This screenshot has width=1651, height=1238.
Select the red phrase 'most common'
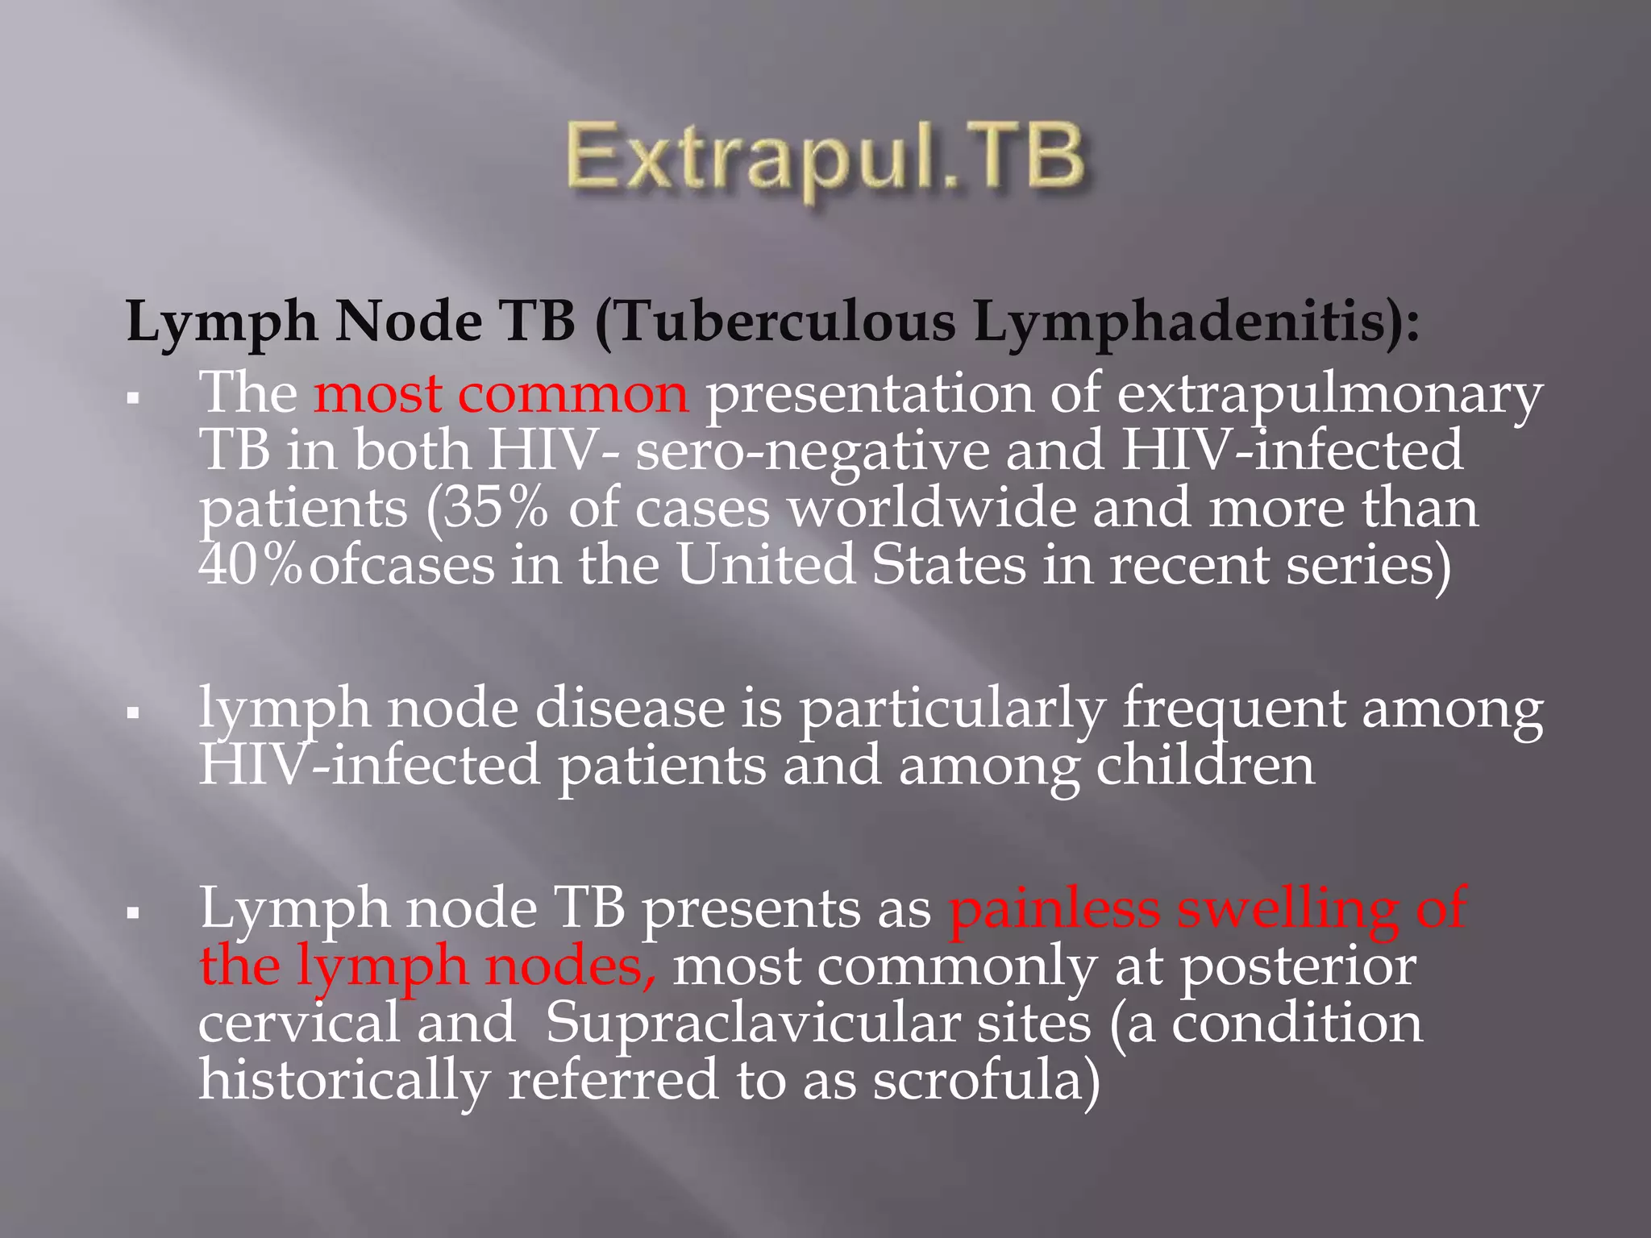[x=501, y=394]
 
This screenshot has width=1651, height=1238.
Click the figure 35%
[x=496, y=509]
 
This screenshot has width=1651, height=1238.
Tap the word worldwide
[x=931, y=509]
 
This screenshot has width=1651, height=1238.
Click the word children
[x=1204, y=766]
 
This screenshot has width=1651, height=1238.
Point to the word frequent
[x=1233, y=709]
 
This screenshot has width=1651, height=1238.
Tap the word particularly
[x=951, y=709]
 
